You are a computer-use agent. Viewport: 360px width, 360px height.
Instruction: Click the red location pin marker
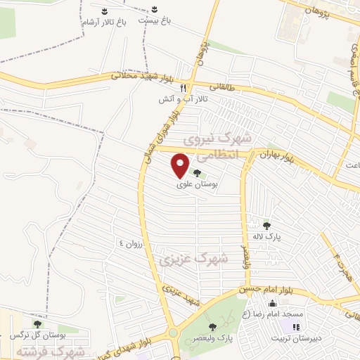181,165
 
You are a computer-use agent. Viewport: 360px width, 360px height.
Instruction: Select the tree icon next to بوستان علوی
196,172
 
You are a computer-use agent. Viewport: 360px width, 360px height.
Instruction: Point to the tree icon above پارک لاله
267,226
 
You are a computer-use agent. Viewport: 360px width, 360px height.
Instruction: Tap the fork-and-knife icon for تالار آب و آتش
183,88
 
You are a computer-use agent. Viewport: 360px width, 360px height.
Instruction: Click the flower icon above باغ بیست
154,10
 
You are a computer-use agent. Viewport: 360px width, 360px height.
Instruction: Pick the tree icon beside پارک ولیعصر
213,327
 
